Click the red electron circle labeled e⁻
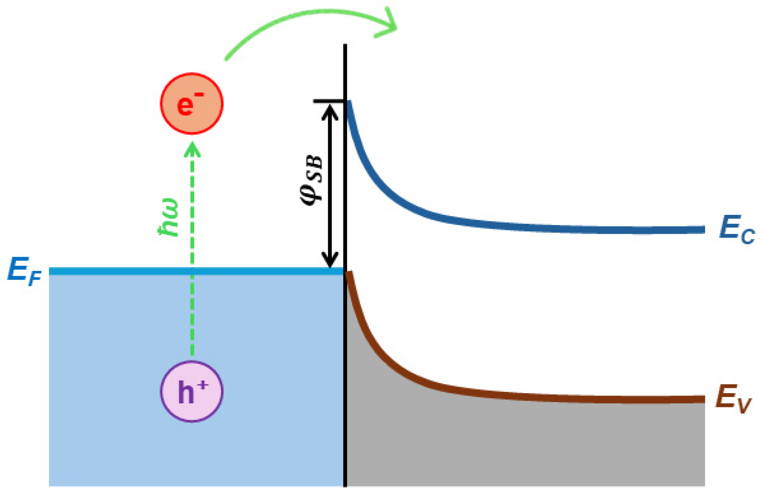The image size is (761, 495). pyautogui.click(x=191, y=103)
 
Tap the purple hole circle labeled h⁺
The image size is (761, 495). pyautogui.click(x=191, y=392)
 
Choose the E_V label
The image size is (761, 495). pyautogui.click(x=733, y=399)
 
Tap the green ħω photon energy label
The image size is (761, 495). pyautogui.click(x=169, y=218)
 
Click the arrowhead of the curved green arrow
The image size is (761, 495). pyautogui.click(x=389, y=25)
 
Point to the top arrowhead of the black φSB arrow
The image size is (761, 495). pyautogui.click(x=330, y=111)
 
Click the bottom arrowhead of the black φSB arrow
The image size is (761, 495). pyautogui.click(x=330, y=260)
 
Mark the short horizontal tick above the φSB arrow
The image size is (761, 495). pyautogui.click(x=328, y=101)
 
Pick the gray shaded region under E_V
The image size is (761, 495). pyautogui.click(x=527, y=445)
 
